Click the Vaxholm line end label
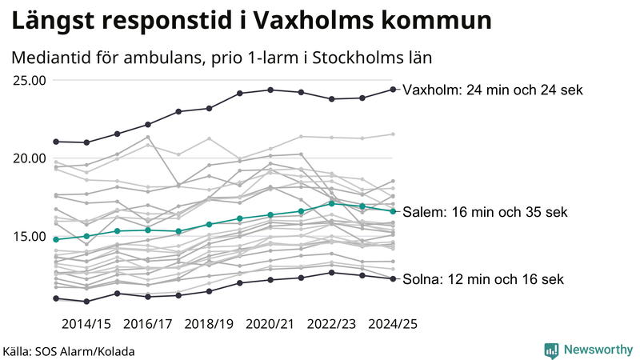click(x=493, y=90)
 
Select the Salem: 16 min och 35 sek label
click(x=484, y=212)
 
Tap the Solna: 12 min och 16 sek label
click(x=483, y=279)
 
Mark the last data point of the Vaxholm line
click(x=393, y=90)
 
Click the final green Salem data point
click(x=393, y=211)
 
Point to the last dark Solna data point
click(x=393, y=279)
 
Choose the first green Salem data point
click(x=56, y=239)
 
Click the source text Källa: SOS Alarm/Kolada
click(x=69, y=351)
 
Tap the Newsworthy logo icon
click(x=551, y=350)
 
